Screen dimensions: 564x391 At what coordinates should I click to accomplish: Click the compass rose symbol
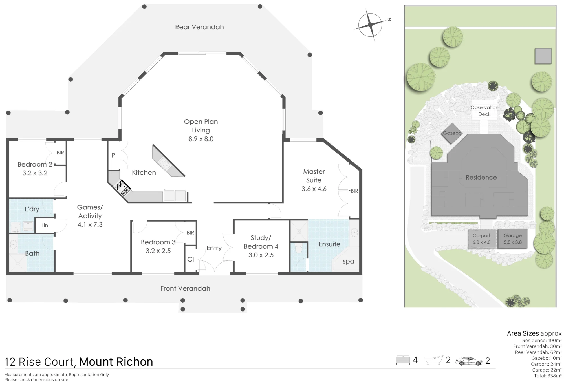coord(370,25)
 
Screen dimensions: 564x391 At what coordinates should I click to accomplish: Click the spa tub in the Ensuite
coord(345,259)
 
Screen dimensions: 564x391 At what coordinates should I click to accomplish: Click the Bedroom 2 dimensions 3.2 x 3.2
coord(35,173)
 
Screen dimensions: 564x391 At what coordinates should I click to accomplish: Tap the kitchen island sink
coord(164,164)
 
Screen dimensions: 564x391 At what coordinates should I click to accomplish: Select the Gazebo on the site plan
coord(452,133)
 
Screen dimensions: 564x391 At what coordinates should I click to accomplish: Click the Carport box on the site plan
coord(482,239)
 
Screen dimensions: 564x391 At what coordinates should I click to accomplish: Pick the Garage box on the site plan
coord(512,239)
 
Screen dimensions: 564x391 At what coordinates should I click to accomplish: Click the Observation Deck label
coord(484,111)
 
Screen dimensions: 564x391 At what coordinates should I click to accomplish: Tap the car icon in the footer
coord(469,361)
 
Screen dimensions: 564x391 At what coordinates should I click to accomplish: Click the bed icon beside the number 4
coord(403,360)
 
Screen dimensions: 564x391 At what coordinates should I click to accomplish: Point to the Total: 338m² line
coord(548,376)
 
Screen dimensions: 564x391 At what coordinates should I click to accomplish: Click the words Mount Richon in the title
coord(116,362)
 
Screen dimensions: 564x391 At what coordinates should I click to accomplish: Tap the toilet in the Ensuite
coord(298,248)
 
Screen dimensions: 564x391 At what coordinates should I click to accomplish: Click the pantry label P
coord(113,155)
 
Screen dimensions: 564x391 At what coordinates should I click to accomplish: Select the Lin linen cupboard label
coord(45,225)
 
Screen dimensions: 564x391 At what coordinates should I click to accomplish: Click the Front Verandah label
coord(185,288)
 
